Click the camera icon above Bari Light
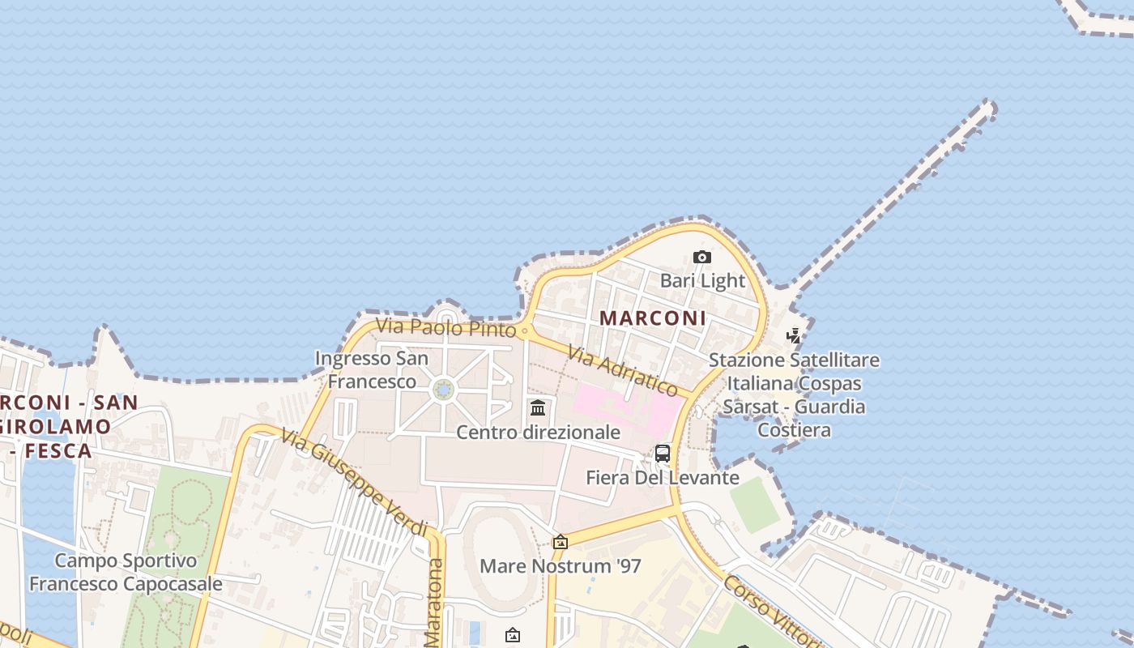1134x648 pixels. pyautogui.click(x=702, y=258)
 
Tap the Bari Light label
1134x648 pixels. pyautogui.click(x=702, y=281)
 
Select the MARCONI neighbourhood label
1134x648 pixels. pyautogui.click(x=653, y=318)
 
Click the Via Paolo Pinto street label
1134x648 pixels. pyautogui.click(x=446, y=327)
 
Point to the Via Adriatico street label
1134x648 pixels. pyautogui.click(x=622, y=371)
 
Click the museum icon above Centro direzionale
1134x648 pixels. pyautogui.click(x=538, y=407)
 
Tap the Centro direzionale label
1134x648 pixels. pyautogui.click(x=538, y=433)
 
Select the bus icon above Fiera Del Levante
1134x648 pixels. pyautogui.click(x=663, y=454)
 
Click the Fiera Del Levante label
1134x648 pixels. pyautogui.click(x=663, y=478)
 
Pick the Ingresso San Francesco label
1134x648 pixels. pyautogui.click(x=372, y=370)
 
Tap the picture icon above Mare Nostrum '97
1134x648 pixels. pyautogui.click(x=560, y=542)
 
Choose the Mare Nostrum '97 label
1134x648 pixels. pyautogui.click(x=561, y=566)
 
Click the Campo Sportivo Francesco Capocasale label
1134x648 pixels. pyautogui.click(x=126, y=572)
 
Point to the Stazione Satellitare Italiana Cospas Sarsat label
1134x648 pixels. pyautogui.click(x=794, y=394)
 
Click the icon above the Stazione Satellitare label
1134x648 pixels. pyautogui.click(x=794, y=336)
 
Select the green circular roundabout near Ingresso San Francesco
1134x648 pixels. pyautogui.click(x=443, y=390)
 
